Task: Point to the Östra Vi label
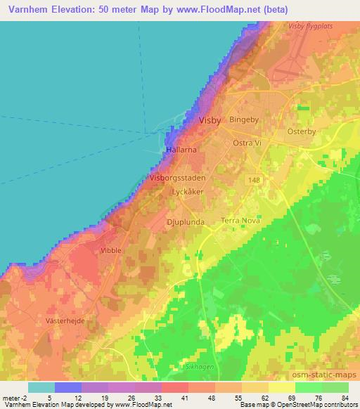pyautogui.click(x=247, y=143)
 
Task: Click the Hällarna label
pyautogui.click(x=180, y=150)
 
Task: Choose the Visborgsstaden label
pyautogui.click(x=177, y=178)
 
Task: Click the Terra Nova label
pyautogui.click(x=241, y=221)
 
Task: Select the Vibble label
pyautogui.click(x=111, y=250)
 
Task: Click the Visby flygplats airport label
pyautogui.click(x=309, y=25)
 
